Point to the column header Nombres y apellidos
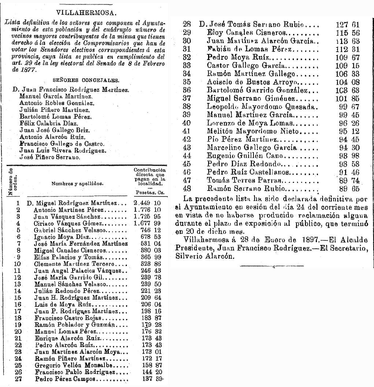77,183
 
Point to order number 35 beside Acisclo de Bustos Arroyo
187,82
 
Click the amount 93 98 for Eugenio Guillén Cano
347,156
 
